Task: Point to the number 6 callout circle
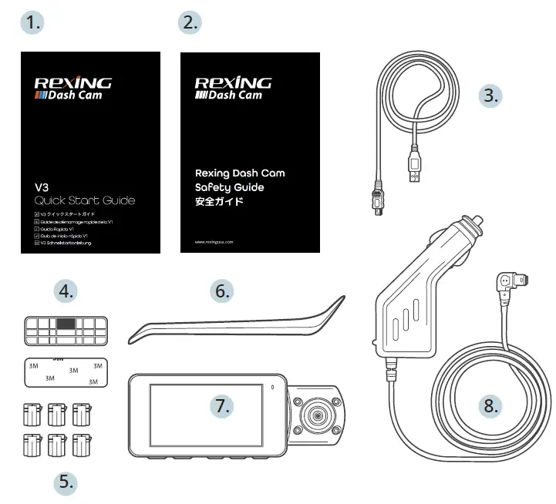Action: coord(223,291)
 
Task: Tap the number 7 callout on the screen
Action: coord(222,406)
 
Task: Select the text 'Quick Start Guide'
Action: coord(80,200)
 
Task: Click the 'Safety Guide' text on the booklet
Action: coord(229,187)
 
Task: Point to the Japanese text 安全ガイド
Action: coord(219,202)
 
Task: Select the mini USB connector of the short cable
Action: coord(378,200)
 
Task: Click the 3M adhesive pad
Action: coord(64,371)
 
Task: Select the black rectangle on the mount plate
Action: coord(67,324)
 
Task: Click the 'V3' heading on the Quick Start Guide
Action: coord(43,186)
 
